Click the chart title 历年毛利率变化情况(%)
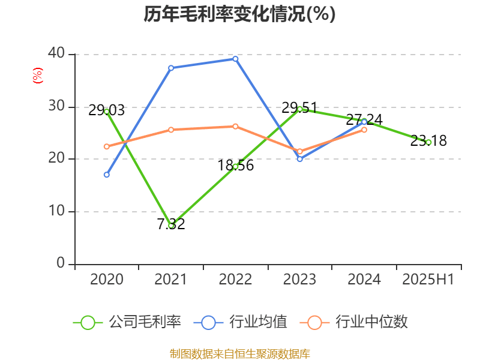tap(239, 14)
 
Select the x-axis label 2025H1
tap(428, 280)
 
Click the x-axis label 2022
tap(235, 280)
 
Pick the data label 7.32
tap(171, 224)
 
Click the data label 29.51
tap(299, 108)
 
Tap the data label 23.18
tap(428, 141)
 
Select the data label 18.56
tap(235, 166)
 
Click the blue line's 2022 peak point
tap(235, 59)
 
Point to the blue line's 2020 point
tap(107, 175)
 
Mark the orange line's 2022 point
tap(235, 126)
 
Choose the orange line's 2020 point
tap(107, 146)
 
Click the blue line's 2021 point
tap(171, 68)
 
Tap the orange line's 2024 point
tap(364, 130)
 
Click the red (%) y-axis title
tap(38, 76)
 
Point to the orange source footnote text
tap(239, 353)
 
